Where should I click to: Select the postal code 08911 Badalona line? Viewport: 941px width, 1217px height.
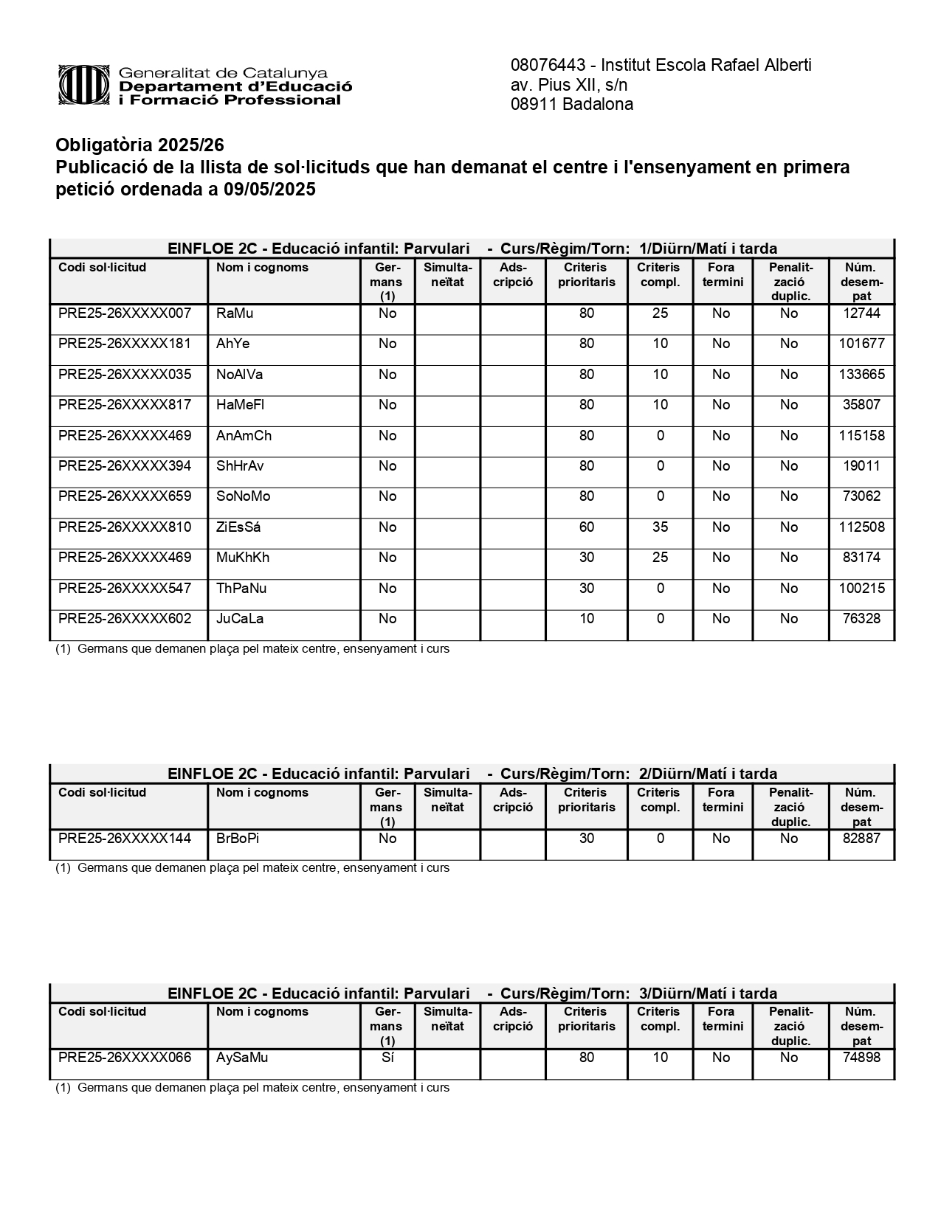[x=571, y=105]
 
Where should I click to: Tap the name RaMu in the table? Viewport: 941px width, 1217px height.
[x=235, y=313]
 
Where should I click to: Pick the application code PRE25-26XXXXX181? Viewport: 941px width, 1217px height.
[x=125, y=344]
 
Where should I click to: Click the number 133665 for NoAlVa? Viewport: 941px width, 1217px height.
[x=861, y=375]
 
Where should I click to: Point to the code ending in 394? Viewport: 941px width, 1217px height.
[x=125, y=466]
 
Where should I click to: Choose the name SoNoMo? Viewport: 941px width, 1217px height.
[x=244, y=496]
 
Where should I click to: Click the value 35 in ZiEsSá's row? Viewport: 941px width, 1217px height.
[x=660, y=527]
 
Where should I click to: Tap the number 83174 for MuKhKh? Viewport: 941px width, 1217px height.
[x=861, y=558]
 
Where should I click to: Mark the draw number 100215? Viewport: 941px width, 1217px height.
[x=861, y=589]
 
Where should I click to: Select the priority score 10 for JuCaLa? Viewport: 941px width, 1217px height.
[x=586, y=619]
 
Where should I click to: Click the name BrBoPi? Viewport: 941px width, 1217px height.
[x=238, y=839]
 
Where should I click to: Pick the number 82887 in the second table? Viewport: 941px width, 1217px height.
[x=861, y=839]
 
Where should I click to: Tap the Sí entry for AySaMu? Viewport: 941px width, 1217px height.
[x=387, y=1058]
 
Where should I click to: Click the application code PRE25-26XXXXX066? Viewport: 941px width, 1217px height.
[x=125, y=1058]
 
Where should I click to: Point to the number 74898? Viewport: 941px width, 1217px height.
[x=861, y=1058]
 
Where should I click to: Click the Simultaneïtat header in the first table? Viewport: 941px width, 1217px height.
[x=447, y=274]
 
